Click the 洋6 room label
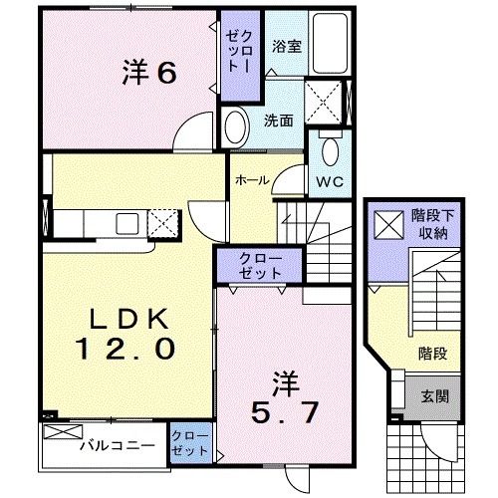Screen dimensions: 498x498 tap(150, 71)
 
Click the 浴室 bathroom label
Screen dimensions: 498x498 tap(289, 46)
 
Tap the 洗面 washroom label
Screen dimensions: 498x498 tap(278, 121)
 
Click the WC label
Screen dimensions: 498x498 tap(331, 182)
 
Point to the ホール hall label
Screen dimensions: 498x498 tap(251, 180)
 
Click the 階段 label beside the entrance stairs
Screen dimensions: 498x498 tap(430, 351)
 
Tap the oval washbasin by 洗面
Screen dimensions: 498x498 tap(235, 126)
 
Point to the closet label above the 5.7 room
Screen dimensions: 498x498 tap(260, 266)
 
